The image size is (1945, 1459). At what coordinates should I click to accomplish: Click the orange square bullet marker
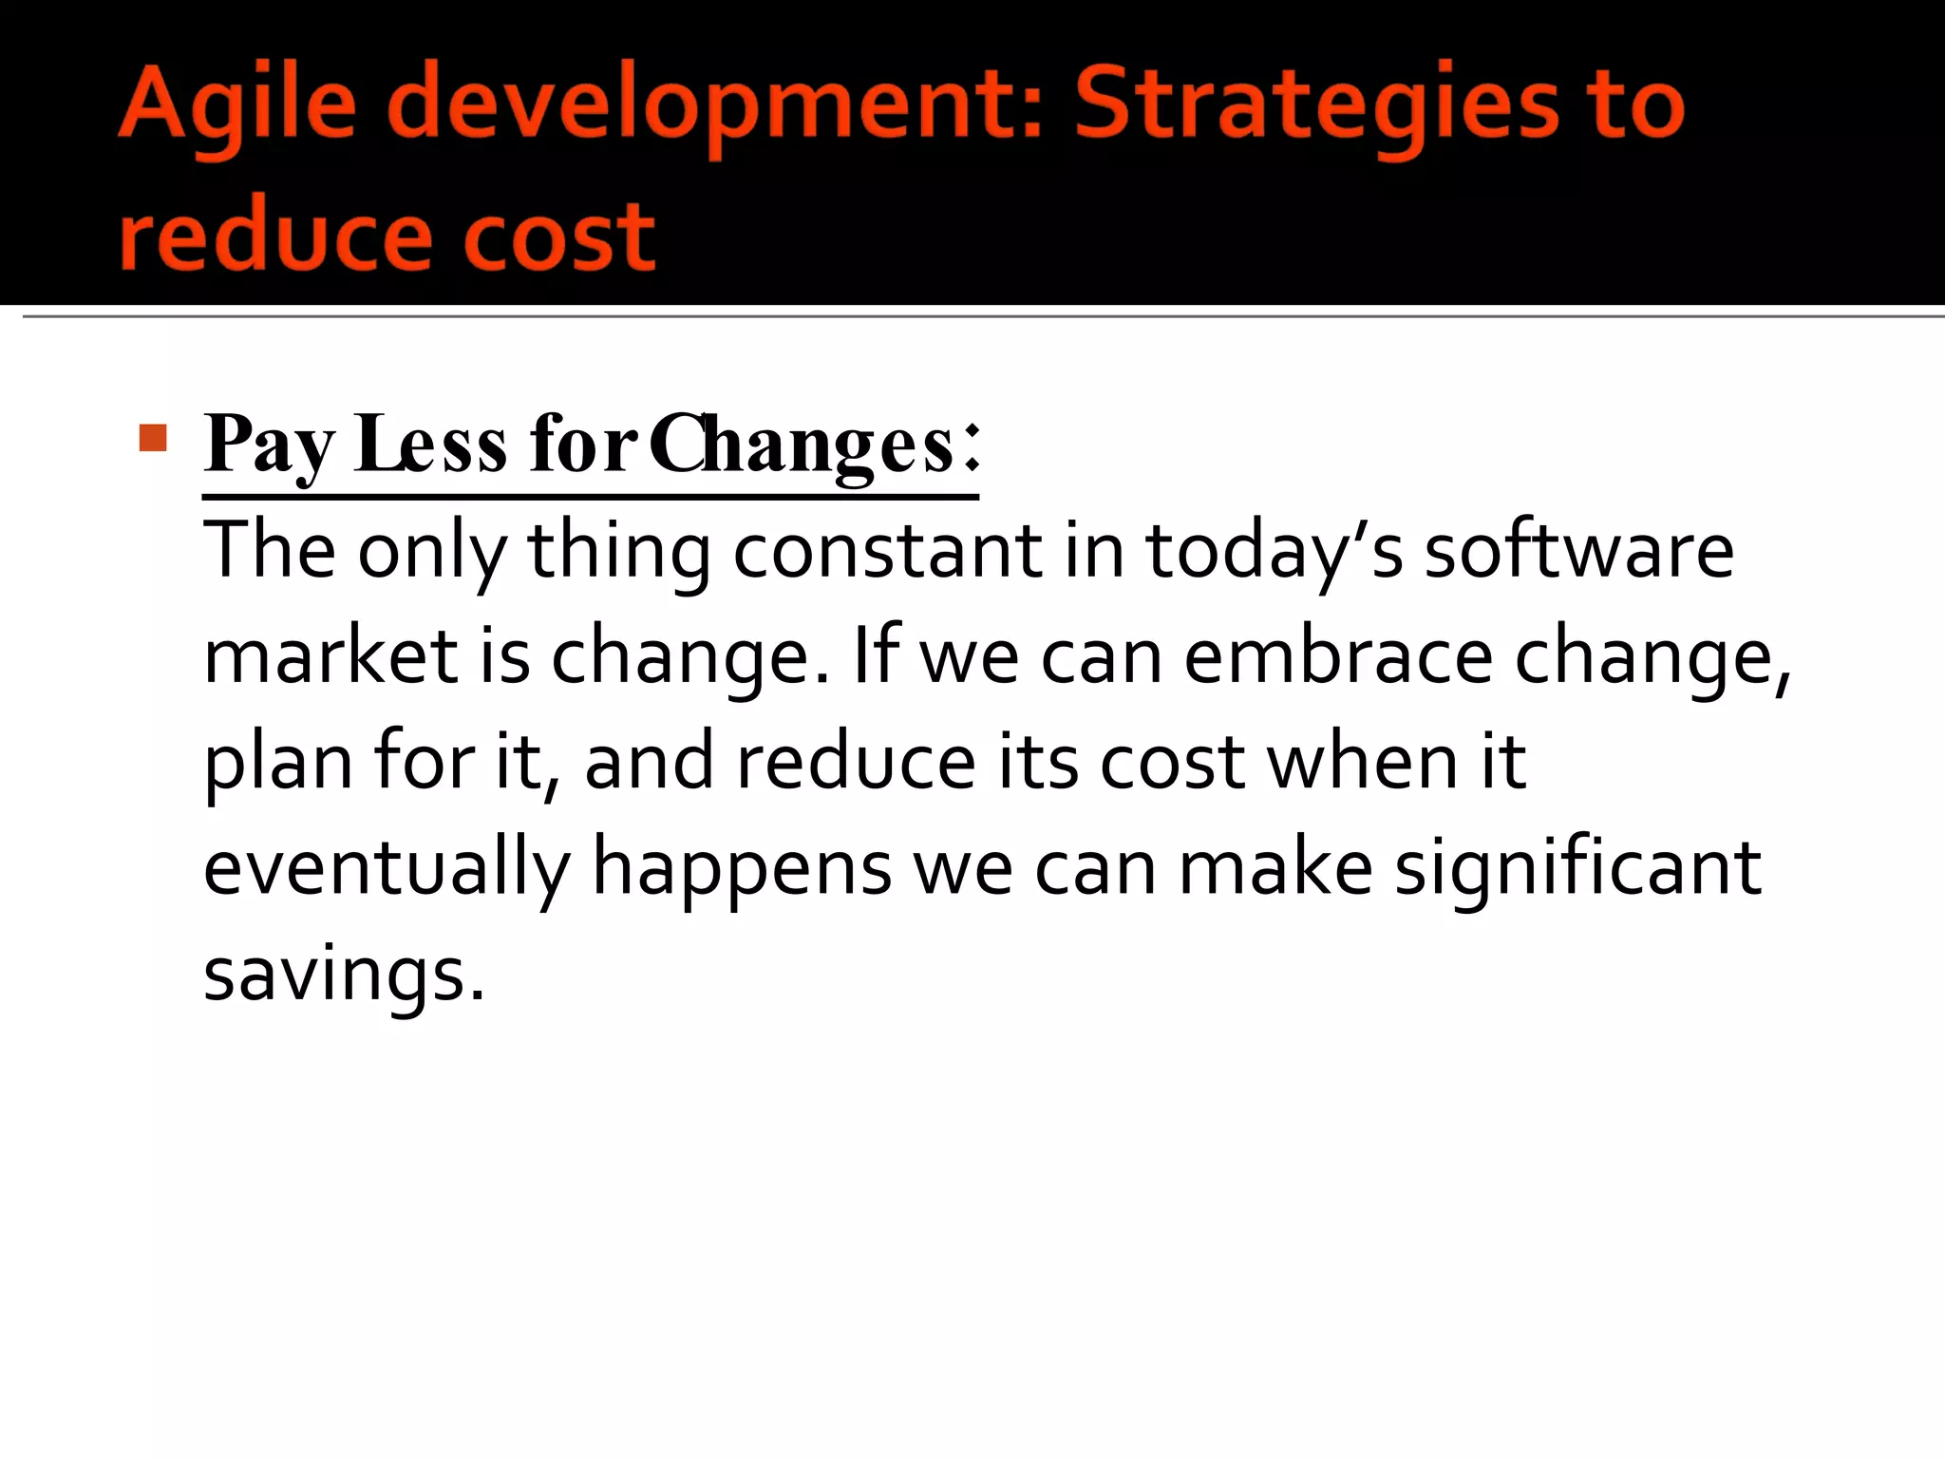(152, 438)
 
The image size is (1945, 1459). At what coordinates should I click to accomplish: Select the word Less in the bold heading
(430, 445)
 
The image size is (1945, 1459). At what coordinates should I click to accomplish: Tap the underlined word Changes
(803, 445)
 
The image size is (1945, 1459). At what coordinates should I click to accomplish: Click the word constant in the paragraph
(887, 551)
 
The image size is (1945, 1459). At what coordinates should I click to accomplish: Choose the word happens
(742, 869)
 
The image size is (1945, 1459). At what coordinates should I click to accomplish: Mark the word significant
(1577, 869)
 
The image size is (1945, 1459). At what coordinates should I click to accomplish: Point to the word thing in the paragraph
(618, 551)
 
